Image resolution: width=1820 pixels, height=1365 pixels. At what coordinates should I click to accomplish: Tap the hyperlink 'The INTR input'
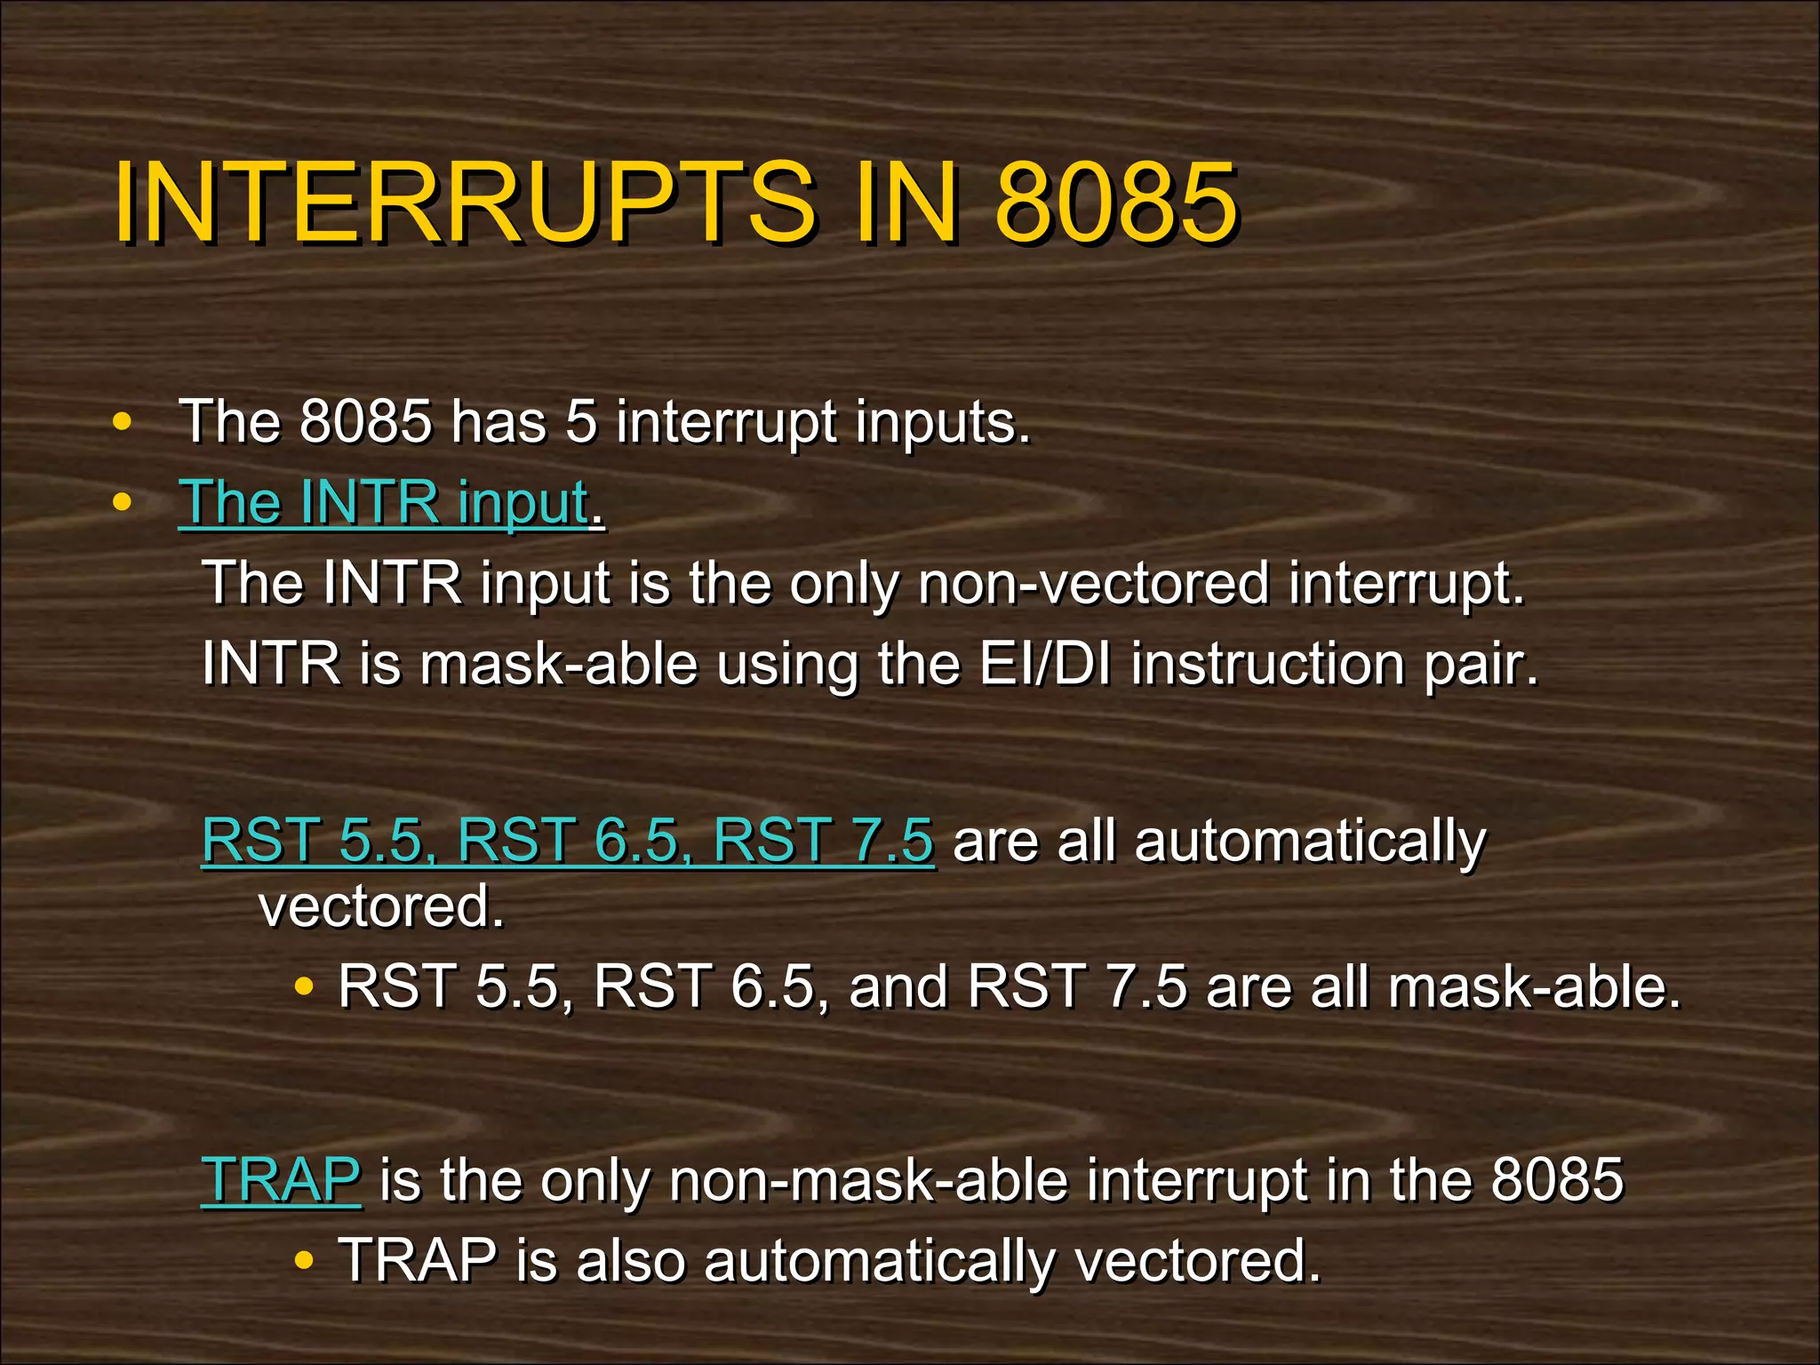click(x=384, y=503)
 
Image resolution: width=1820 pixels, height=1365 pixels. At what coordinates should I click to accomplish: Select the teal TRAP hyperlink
click(x=281, y=1180)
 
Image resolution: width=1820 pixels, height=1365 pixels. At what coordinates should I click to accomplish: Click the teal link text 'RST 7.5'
click(x=823, y=840)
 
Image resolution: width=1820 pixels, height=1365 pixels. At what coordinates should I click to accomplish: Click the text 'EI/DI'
click(x=1045, y=664)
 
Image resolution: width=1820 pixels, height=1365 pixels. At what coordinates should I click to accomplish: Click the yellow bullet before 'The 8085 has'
click(x=123, y=422)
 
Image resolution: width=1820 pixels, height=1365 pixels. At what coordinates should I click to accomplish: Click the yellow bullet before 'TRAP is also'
click(x=304, y=1260)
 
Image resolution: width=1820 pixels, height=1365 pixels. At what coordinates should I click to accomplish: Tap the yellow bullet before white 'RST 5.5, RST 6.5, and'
click(x=304, y=986)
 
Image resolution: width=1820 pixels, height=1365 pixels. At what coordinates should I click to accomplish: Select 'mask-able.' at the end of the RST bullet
click(x=1535, y=986)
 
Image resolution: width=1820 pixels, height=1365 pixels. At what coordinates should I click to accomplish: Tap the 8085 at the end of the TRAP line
click(x=1557, y=1180)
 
